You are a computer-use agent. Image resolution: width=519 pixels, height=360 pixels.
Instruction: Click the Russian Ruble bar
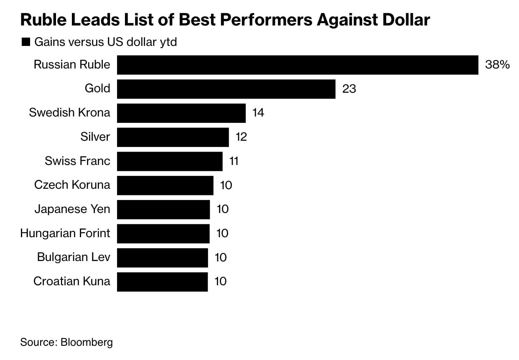pos(298,65)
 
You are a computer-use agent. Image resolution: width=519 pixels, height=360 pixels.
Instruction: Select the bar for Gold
pos(226,89)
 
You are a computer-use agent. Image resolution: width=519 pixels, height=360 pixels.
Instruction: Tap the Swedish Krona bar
pos(181,113)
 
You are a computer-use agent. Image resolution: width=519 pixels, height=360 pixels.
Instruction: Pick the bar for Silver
pos(173,137)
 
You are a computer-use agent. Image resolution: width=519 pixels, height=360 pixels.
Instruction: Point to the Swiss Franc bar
pos(170,161)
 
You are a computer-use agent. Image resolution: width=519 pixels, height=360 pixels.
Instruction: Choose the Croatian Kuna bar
pos(162,281)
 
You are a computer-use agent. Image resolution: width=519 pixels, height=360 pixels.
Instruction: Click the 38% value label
pos(497,65)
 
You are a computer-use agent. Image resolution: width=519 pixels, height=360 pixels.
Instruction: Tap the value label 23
pos(349,89)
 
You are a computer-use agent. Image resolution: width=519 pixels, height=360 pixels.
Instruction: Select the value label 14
pos(258,113)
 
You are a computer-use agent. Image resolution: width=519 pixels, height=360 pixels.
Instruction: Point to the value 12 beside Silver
pos(241,137)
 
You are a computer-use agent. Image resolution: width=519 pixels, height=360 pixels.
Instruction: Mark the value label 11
pos(234,161)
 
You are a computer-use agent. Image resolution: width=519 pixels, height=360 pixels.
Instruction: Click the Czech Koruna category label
pos(72,185)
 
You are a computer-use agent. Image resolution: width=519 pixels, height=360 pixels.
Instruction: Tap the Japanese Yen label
pos(72,209)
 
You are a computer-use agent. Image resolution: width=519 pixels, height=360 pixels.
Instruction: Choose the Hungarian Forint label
pos(65,233)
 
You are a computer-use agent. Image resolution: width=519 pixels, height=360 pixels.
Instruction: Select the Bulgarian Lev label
pos(74,257)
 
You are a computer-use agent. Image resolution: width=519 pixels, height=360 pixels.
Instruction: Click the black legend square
pos(25,42)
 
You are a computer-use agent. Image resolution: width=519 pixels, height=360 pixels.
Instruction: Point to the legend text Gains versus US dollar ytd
pos(106,42)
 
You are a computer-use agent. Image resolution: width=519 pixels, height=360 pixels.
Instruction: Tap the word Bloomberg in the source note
pos(87,342)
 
